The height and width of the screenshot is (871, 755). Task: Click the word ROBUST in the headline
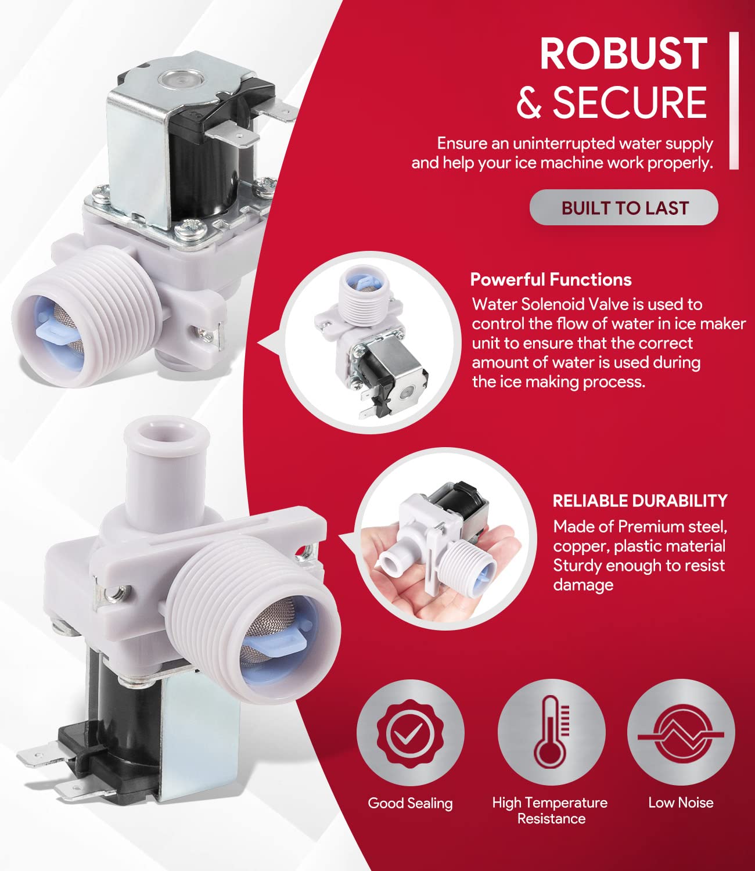623,53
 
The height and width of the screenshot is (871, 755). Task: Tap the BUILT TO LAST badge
624,208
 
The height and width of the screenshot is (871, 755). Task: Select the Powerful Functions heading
551,280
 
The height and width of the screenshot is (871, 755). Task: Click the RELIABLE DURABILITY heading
640,501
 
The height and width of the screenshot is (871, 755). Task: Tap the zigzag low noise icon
681,735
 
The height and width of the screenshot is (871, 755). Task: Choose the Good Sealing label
410,803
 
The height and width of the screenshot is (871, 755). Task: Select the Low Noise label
681,802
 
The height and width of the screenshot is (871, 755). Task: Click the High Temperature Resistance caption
550,811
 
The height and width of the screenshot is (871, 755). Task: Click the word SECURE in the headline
630,103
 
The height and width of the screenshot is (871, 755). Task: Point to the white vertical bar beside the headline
734,100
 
